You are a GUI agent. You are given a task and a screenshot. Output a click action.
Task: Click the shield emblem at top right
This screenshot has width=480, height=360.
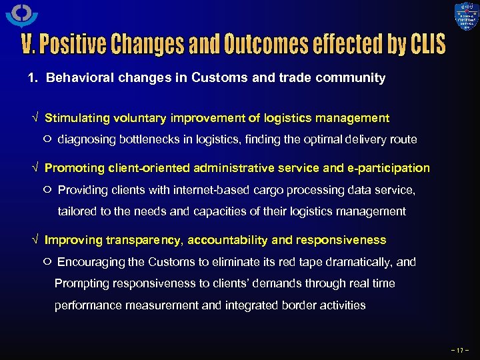click(x=467, y=18)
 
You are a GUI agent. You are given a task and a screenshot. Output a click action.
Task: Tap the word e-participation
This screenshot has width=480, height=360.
click(x=389, y=168)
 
